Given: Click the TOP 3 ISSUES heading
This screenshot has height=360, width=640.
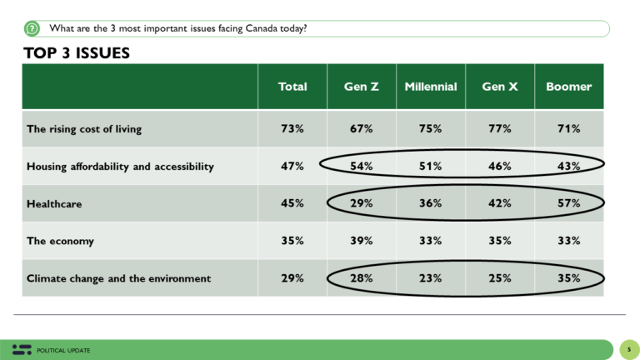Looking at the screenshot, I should click(77, 54).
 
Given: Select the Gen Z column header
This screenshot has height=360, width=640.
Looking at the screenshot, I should click(361, 87).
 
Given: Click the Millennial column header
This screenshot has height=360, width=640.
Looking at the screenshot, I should click(431, 87).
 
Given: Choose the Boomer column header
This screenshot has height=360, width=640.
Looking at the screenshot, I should click(568, 87).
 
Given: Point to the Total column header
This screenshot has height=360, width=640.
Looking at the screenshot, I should click(292, 87).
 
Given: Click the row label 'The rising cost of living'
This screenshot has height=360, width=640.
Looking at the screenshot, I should click(84, 129).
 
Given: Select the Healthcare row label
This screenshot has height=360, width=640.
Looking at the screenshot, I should click(56, 203).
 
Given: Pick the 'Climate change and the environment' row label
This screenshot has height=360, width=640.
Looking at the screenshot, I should click(119, 277).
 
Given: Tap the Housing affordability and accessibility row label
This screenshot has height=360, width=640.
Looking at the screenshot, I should click(120, 167).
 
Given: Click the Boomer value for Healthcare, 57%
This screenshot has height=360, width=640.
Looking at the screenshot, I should click(569, 203).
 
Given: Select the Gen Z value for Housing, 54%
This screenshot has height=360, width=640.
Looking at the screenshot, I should click(361, 167).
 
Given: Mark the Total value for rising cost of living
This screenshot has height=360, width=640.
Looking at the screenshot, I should click(292, 129).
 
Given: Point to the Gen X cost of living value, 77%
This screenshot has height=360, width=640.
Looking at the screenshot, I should click(500, 129).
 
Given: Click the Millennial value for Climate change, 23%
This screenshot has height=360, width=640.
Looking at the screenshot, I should click(431, 277).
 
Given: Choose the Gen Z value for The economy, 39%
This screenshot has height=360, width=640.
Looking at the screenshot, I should click(361, 241).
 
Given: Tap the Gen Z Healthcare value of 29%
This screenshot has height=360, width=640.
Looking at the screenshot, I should click(361, 203).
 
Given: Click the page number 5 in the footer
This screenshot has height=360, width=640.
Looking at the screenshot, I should click(629, 349).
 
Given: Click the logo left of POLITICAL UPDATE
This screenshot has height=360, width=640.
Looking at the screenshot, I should click(22, 349).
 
